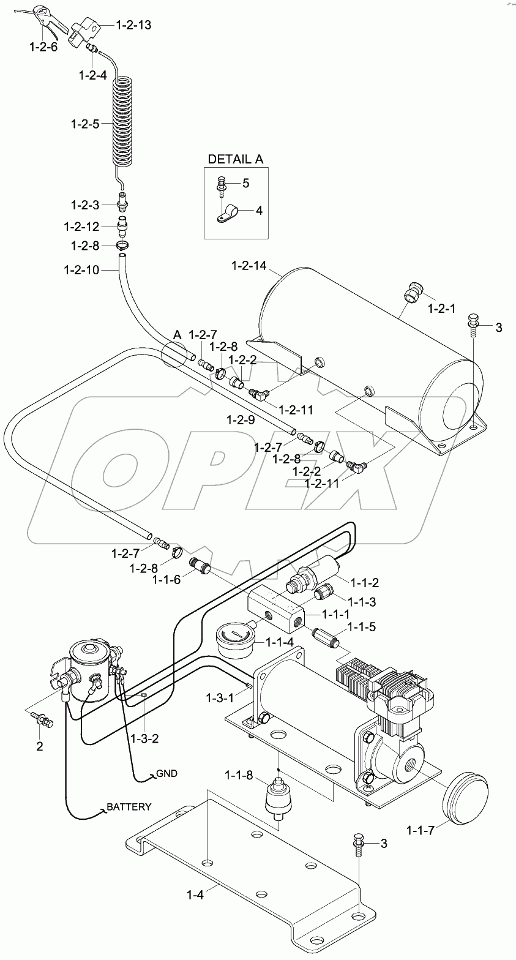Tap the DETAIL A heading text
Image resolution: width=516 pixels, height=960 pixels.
click(x=236, y=159)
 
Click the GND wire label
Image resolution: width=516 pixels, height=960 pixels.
click(x=166, y=773)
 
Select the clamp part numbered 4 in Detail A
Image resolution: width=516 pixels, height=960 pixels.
click(x=229, y=214)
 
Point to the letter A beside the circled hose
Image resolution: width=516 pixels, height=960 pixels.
click(x=178, y=334)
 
